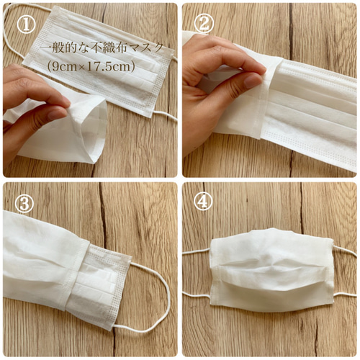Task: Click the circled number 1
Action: (26, 24)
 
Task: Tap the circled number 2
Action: (204, 24)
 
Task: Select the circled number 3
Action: (24, 204)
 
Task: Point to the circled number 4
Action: (203, 202)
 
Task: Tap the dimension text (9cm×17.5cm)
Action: (91, 66)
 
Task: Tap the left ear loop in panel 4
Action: (197, 274)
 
